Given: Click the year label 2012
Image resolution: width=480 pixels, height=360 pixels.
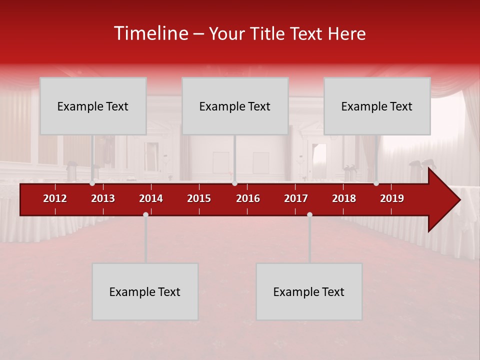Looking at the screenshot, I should (x=55, y=198).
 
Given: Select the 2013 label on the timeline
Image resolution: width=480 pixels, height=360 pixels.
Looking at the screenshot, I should (x=103, y=198).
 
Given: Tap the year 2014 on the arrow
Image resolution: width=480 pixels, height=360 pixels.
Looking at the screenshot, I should (x=151, y=198).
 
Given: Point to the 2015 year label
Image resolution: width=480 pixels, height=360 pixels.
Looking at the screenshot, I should (x=199, y=198).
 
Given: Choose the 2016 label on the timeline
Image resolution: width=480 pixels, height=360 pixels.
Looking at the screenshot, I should (x=248, y=198).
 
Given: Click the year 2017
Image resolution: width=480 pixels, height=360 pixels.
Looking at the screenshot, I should (x=296, y=198).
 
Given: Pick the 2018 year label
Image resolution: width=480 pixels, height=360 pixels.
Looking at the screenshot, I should (x=344, y=198).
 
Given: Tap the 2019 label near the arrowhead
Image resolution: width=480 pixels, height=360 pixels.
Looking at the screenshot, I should (x=392, y=198).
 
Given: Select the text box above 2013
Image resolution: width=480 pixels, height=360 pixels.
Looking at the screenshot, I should (x=93, y=106).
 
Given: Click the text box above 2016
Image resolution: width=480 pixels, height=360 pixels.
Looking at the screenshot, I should (x=235, y=106).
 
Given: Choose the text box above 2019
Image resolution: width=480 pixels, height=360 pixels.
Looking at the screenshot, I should (x=377, y=106).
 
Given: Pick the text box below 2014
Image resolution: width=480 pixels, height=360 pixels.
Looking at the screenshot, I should (x=145, y=291).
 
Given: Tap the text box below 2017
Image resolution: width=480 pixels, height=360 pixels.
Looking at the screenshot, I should (x=309, y=291).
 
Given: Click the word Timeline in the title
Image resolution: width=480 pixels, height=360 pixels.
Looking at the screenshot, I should (x=150, y=33).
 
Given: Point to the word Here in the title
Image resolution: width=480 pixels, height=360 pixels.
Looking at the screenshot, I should (x=346, y=34).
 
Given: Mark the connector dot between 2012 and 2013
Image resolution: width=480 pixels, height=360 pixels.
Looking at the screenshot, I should (x=92, y=183).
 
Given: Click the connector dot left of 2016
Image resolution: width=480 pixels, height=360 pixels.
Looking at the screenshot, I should (x=234, y=183).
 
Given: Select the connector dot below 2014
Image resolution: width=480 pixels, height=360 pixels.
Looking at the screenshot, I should (x=145, y=214).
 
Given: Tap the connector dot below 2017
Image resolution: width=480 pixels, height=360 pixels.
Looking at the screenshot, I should (x=309, y=214).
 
